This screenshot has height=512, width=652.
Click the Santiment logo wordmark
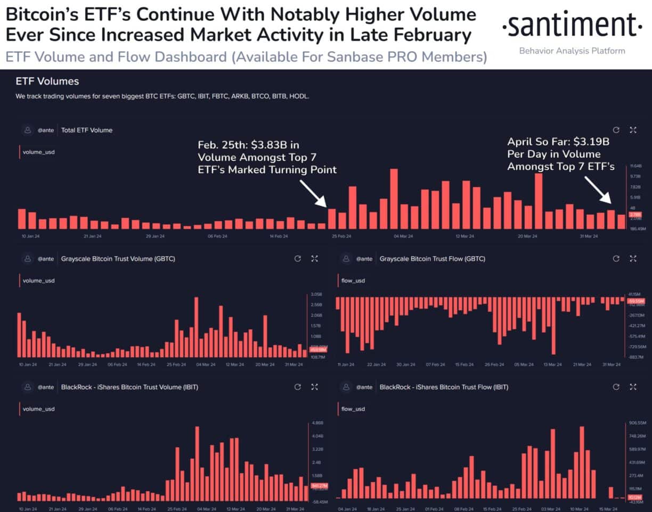pyautogui.click(x=573, y=26)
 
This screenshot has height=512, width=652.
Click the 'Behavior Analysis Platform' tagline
pyautogui.click(x=572, y=51)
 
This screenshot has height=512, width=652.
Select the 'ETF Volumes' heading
pyautogui.click(x=47, y=82)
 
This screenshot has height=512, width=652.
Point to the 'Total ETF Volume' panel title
pyautogui.click(x=87, y=130)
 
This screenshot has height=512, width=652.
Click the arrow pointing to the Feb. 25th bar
pyautogui.click(x=313, y=193)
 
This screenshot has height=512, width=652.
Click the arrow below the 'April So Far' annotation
pyautogui.click(x=598, y=190)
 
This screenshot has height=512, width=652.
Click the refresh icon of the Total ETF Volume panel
pyautogui.click(x=616, y=130)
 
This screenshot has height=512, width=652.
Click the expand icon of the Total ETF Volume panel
pyautogui.click(x=633, y=130)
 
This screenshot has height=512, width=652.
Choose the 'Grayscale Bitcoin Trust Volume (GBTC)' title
pyautogui.click(x=118, y=259)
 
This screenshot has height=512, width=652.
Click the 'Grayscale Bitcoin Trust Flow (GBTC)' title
pyautogui.click(x=432, y=259)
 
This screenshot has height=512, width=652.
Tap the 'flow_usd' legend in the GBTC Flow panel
pyautogui.click(x=353, y=281)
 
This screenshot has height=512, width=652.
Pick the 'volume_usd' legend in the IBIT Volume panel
pyautogui.click(x=38, y=409)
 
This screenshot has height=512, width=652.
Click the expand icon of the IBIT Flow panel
pyautogui.click(x=633, y=387)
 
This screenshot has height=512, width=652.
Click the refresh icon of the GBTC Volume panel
pyautogui.click(x=298, y=259)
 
